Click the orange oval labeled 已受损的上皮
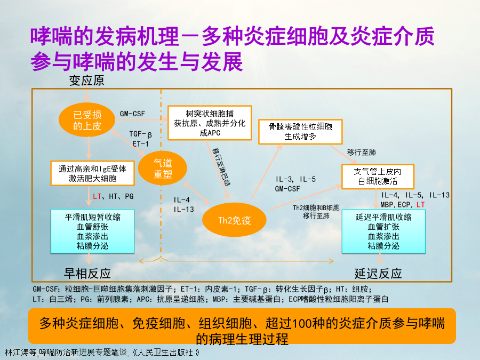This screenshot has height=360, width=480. pyautogui.click(x=87, y=120)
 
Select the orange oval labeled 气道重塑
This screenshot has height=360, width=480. pyautogui.click(x=163, y=168)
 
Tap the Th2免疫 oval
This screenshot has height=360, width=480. pyautogui.click(x=234, y=220)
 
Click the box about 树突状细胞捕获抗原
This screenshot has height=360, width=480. pyautogui.click(x=210, y=123)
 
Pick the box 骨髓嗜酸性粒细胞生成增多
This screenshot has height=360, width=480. pyautogui.click(x=300, y=132)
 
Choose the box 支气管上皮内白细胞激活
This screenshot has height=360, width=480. pyautogui.click(x=378, y=177)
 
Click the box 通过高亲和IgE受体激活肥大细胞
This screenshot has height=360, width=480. pyautogui.click(x=92, y=173)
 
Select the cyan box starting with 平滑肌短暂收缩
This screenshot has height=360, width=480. pyautogui.click(x=92, y=231)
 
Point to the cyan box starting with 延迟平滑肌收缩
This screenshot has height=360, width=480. pyautogui.click(x=383, y=231)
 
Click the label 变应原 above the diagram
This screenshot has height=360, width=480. pyautogui.click(x=86, y=81)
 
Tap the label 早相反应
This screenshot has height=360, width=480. pyautogui.click(x=87, y=274)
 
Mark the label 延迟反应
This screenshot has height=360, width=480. pyautogui.click(x=378, y=274)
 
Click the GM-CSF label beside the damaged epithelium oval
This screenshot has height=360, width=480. pyautogui.click(x=132, y=114)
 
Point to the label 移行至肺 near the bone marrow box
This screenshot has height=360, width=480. pyautogui.click(x=361, y=152)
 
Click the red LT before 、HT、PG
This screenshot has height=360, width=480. pyautogui.click(x=97, y=196)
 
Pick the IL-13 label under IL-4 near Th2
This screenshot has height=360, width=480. pyautogui.click(x=183, y=210)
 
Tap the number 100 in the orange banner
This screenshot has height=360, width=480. pyautogui.click(x=305, y=324)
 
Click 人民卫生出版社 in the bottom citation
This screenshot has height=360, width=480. pyautogui.click(x=166, y=353)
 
